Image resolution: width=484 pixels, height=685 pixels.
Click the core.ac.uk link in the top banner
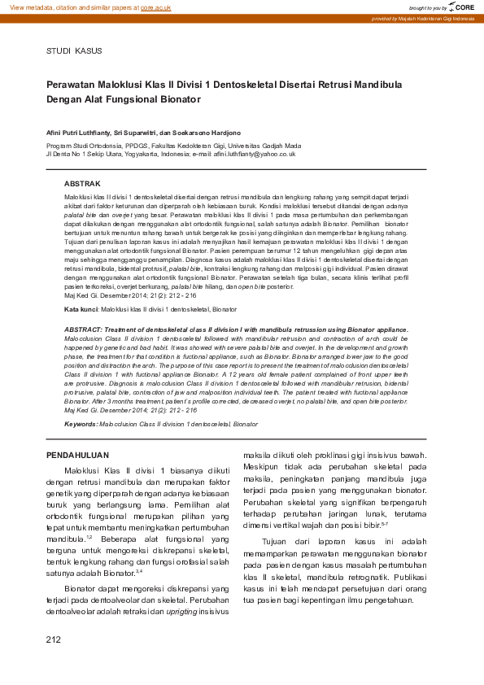[x=155, y=7]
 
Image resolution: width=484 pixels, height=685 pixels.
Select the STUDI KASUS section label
[x=74, y=51]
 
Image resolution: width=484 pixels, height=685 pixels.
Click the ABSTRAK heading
[x=82, y=185]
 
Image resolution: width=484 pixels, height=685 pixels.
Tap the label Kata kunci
[x=81, y=310]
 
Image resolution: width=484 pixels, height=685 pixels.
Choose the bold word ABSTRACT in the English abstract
[x=84, y=329]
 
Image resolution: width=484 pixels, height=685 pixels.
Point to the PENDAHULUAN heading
[x=77, y=455]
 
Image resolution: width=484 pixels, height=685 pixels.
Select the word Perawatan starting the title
[x=75, y=84]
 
